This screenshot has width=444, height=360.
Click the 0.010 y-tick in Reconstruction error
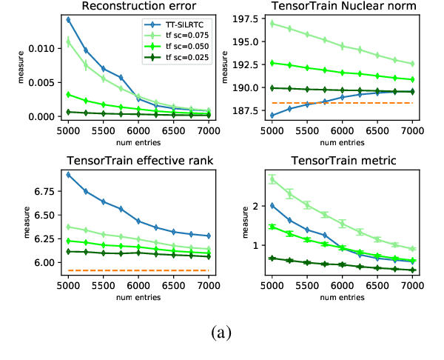[42, 48]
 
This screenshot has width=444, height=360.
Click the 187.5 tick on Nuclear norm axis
[248, 110]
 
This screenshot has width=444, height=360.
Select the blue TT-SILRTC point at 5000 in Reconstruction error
[68, 20]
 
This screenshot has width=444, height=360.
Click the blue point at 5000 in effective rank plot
[68, 175]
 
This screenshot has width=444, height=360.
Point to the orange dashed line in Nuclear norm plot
[340, 103]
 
